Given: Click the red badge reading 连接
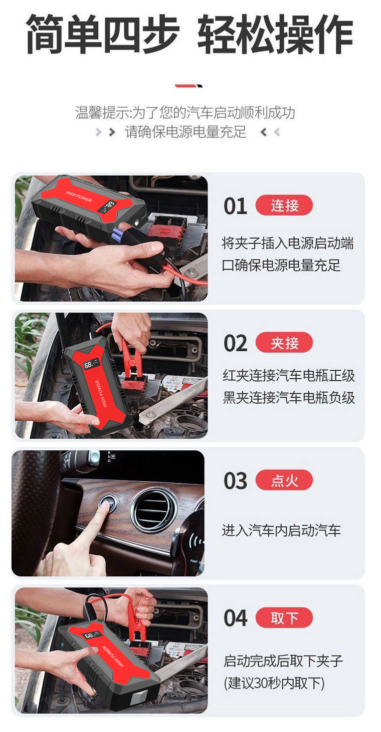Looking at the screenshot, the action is pos(284,205).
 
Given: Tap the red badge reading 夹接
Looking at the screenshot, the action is pos(284,342).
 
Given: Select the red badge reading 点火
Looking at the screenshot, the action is pos(284,480).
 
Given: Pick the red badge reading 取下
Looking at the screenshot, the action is pos(284,617).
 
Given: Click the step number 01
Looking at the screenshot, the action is pos(235,206).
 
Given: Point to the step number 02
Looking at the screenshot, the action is pos(235,343).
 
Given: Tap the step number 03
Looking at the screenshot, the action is pos(235,481).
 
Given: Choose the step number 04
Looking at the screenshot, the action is pos(235,618).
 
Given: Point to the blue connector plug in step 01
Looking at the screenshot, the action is pos(119,232).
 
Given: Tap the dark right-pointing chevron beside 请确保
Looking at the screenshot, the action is pos(112,132).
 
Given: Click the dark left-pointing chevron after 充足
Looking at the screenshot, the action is pos(264,132).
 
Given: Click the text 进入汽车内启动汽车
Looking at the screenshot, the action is pos(281,530).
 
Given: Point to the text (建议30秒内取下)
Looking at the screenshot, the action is pos(274,683).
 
